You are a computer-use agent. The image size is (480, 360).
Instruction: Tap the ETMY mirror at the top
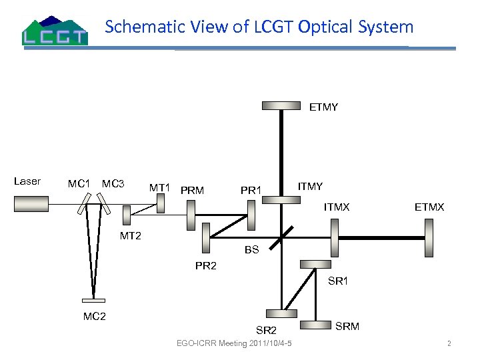click(281, 106)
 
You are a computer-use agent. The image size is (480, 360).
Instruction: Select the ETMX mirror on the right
click(427, 237)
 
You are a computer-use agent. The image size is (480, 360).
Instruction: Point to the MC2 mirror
click(93, 299)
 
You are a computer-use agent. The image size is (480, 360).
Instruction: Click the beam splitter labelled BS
click(282, 233)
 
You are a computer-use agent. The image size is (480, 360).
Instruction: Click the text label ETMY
click(323, 107)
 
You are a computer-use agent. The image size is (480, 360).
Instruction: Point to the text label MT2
click(131, 235)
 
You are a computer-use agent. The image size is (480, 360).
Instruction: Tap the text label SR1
click(338, 281)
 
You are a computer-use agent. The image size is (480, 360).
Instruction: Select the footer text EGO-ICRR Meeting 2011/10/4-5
click(238, 343)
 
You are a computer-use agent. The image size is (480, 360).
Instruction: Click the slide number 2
click(449, 344)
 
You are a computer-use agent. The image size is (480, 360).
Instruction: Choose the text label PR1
click(251, 191)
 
